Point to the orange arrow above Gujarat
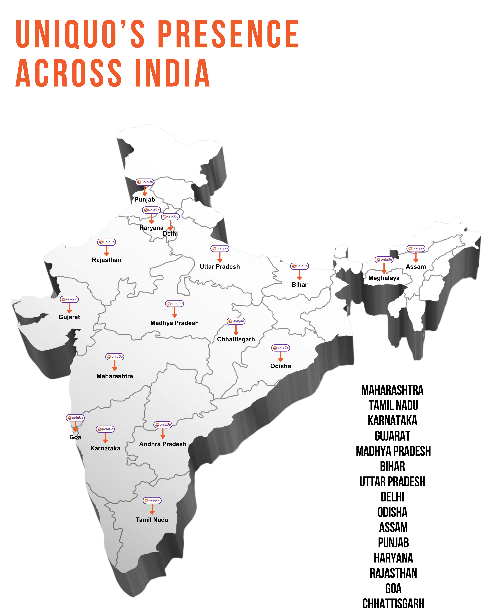pyautogui.click(x=69, y=308)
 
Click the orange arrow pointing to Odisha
pyautogui.click(x=281, y=357)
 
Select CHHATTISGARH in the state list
pyautogui.click(x=393, y=604)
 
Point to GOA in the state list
pyautogui.click(x=393, y=588)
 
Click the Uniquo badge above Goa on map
pyautogui.click(x=75, y=418)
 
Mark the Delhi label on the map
pyautogui.click(x=170, y=234)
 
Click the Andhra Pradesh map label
pyautogui.click(x=163, y=444)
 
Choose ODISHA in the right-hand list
pyautogui.click(x=392, y=512)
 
